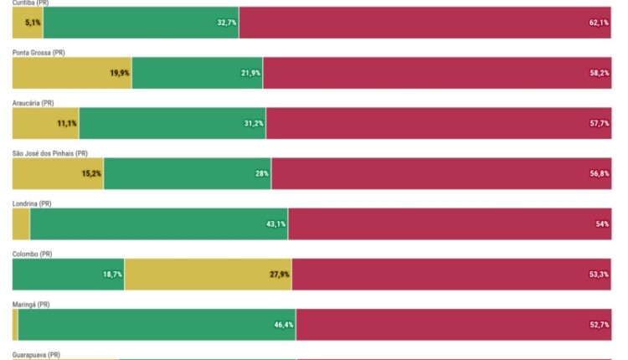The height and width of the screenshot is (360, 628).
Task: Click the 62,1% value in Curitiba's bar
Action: [599, 23]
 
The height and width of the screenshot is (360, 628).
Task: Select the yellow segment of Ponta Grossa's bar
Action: [71, 73]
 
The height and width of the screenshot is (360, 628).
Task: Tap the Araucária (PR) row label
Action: [33, 103]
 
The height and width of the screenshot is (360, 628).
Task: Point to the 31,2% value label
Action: [254, 123]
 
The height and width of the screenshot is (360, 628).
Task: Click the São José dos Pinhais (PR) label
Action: [49, 153]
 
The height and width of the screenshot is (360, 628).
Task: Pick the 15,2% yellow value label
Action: [91, 173]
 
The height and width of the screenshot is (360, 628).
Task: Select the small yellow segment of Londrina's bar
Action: [21, 224]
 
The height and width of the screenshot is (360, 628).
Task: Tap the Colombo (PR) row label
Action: [32, 254]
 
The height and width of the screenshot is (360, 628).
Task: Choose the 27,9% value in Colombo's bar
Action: [280, 274]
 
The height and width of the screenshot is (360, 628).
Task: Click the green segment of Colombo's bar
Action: [67, 274]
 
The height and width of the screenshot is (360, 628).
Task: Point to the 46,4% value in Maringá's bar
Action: [284, 324]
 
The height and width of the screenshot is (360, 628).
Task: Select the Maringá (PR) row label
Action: [31, 304]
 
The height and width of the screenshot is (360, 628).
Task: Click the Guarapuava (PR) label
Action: [36, 355]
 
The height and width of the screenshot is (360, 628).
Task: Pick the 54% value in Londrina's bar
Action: [602, 224]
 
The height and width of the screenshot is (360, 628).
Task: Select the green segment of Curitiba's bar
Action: [141, 23]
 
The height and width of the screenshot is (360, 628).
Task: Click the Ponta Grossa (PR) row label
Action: [39, 53]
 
